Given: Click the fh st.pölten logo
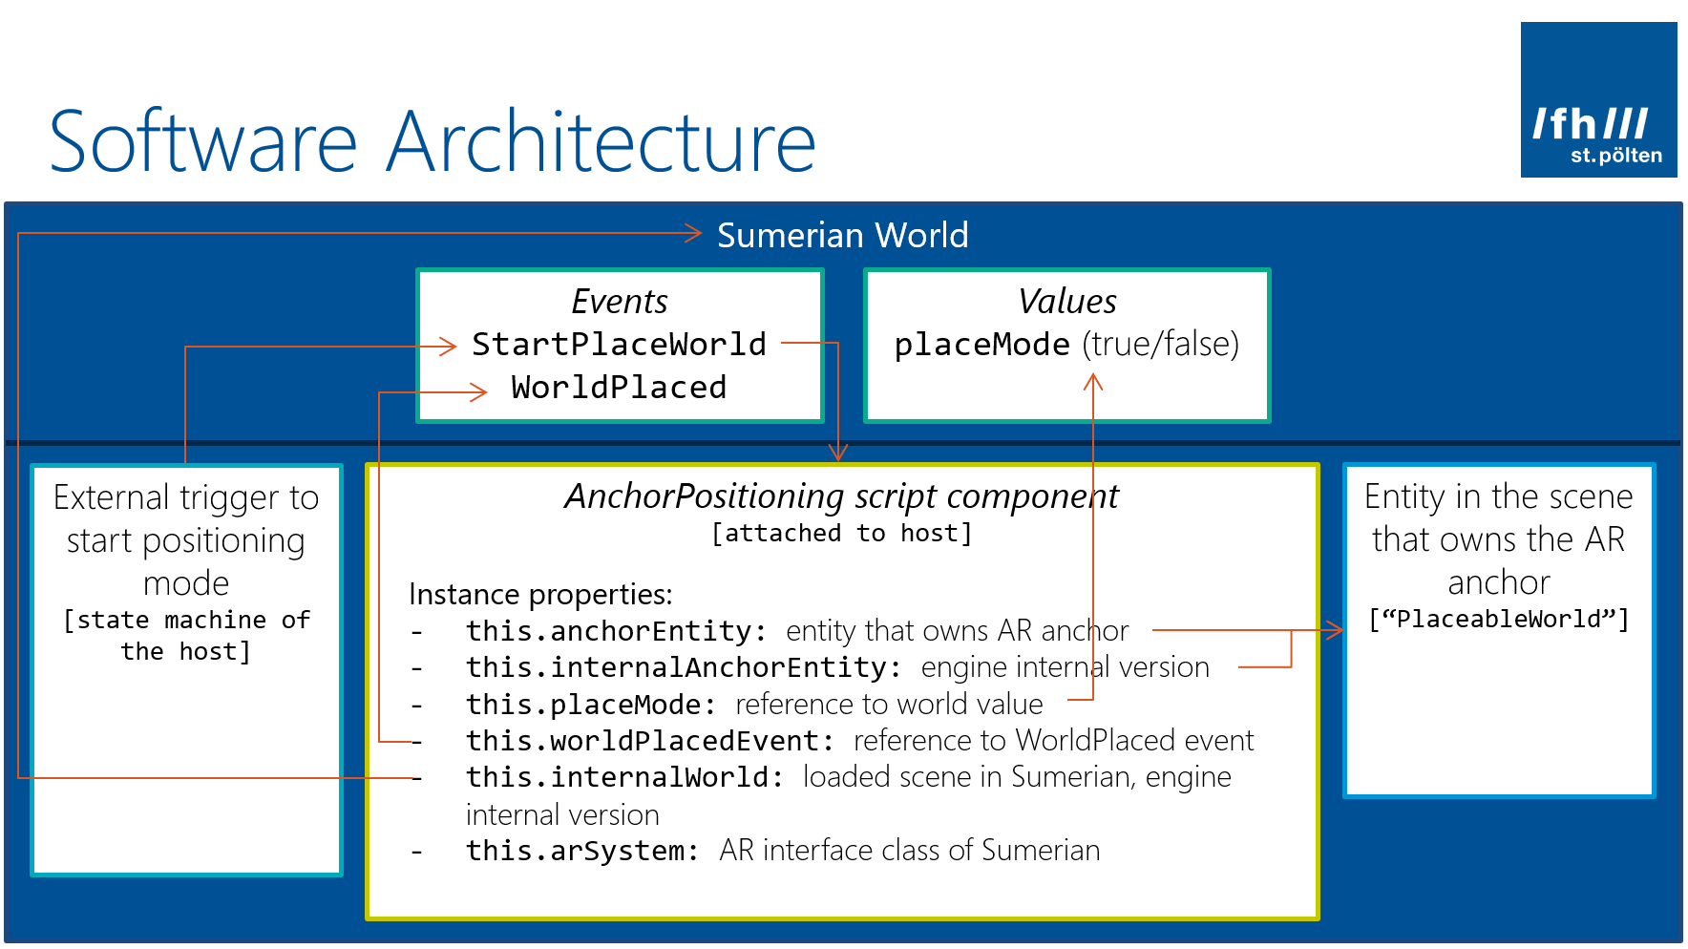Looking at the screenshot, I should [1597, 100].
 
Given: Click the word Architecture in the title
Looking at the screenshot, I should [601, 142].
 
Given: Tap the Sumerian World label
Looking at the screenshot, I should [842, 235].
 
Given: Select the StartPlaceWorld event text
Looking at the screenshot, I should [619, 344].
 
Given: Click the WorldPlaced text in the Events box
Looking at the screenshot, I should [619, 388].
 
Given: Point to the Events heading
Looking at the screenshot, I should [619, 302].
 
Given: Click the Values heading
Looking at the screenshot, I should [1066, 302].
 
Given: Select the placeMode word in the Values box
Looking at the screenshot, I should [981, 344].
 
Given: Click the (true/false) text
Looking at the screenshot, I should [1160, 344].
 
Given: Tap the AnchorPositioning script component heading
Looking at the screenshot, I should [840, 496].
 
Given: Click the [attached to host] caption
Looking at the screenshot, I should [841, 533].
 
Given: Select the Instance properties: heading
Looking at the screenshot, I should [540, 594].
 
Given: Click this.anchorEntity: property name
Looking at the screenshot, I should [616, 631].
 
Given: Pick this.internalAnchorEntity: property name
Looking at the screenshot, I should [683, 667].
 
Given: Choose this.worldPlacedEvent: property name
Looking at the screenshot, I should [649, 741].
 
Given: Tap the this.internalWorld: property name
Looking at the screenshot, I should [624, 777].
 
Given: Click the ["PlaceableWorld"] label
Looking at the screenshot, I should [1498, 620].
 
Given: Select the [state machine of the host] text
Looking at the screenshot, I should [186, 636].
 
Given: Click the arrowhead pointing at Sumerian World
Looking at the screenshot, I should [694, 233].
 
